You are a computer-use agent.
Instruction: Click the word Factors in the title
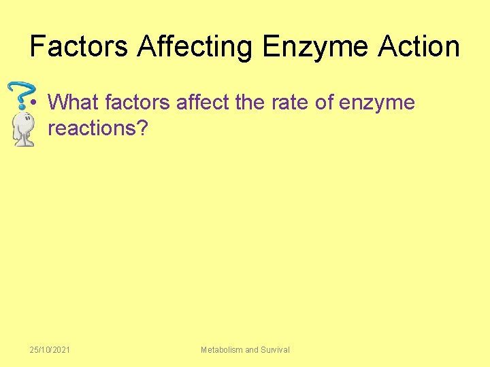click(x=79, y=46)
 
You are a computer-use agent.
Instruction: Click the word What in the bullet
click(x=74, y=103)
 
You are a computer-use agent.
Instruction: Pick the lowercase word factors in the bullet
click(x=139, y=103)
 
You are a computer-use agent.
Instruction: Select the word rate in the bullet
click(x=287, y=103)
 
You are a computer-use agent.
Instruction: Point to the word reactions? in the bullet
click(x=97, y=128)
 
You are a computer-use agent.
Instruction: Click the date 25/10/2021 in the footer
click(x=50, y=349)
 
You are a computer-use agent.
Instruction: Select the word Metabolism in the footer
click(x=221, y=349)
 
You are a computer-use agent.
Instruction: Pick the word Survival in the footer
click(x=275, y=349)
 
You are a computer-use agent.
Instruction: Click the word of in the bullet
click(x=323, y=103)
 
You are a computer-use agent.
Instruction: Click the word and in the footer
click(x=251, y=349)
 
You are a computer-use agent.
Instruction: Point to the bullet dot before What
click(x=35, y=104)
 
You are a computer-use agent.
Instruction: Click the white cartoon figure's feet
click(x=25, y=142)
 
